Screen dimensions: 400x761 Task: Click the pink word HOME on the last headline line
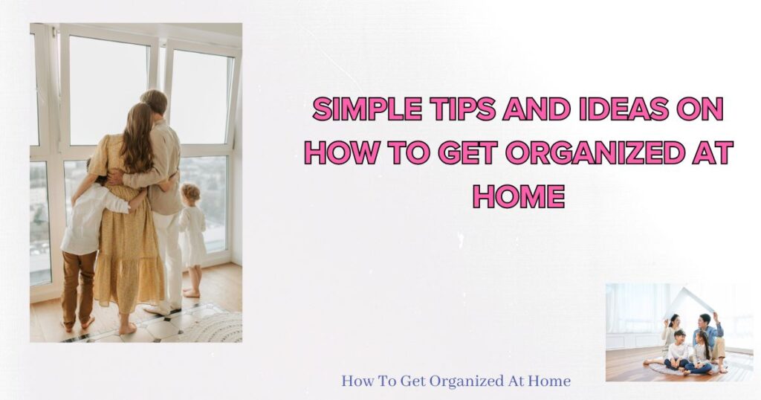519,196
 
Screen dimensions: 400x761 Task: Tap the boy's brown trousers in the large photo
79,286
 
